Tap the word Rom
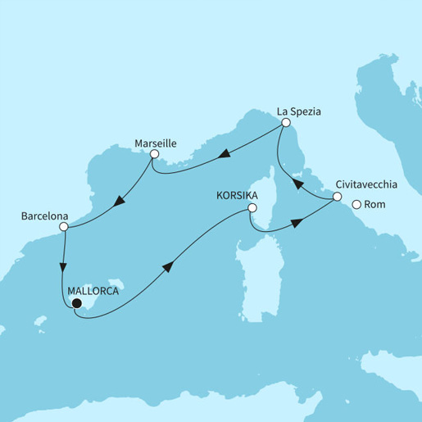click(x=374, y=205)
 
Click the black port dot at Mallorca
click(x=76, y=303)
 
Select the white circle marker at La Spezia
click(x=286, y=123)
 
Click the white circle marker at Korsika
click(x=252, y=208)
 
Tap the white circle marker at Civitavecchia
click(x=337, y=197)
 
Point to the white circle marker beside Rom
click(x=357, y=205)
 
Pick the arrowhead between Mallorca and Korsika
click(x=169, y=266)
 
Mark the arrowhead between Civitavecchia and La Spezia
click(x=299, y=185)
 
